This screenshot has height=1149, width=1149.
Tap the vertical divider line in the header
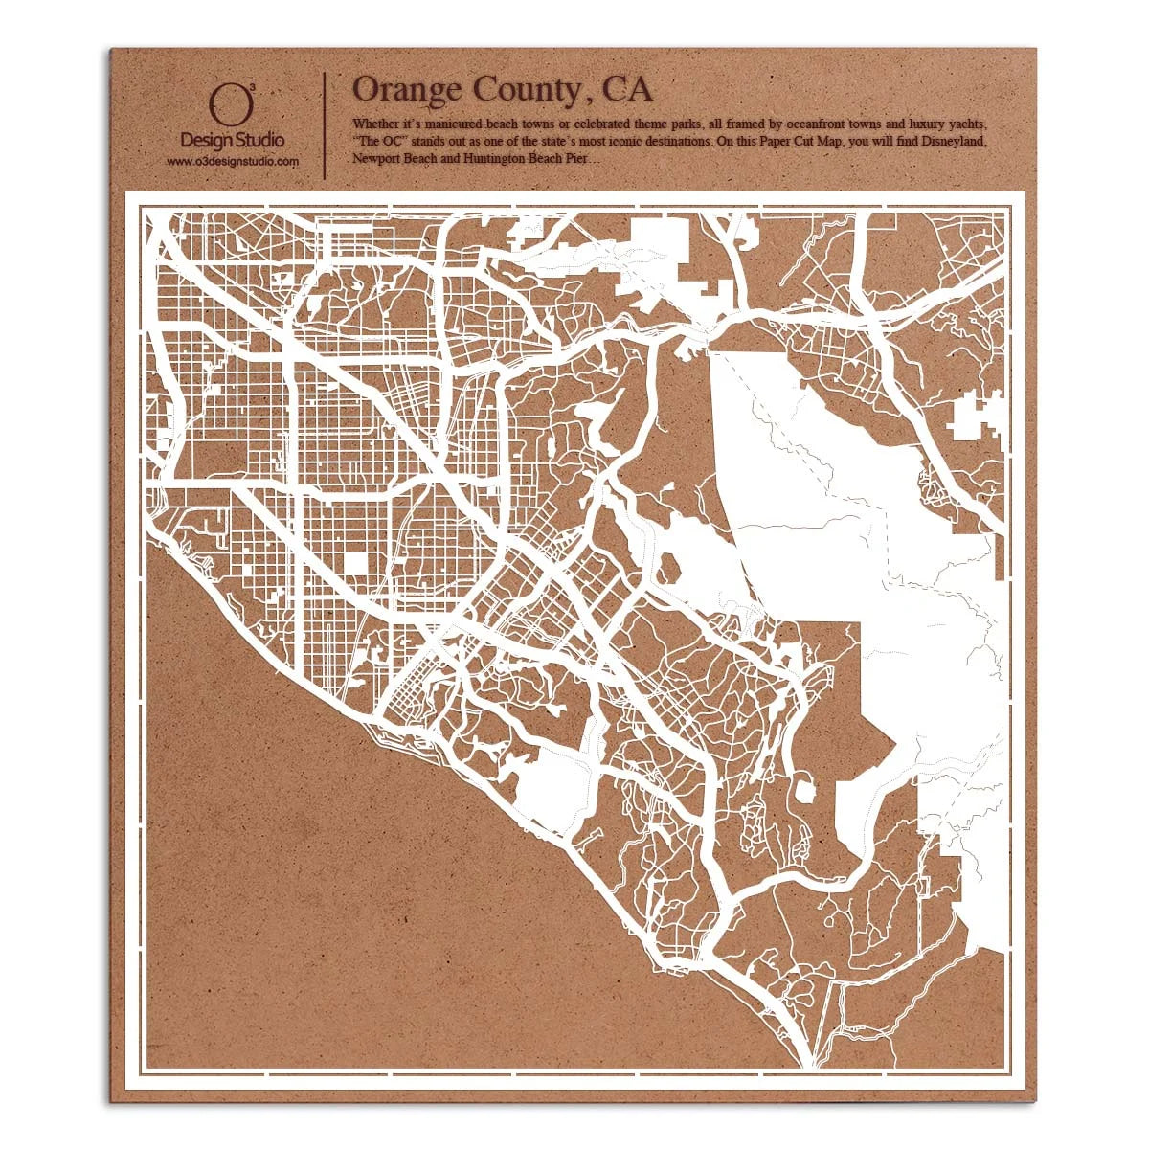[327, 124]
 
